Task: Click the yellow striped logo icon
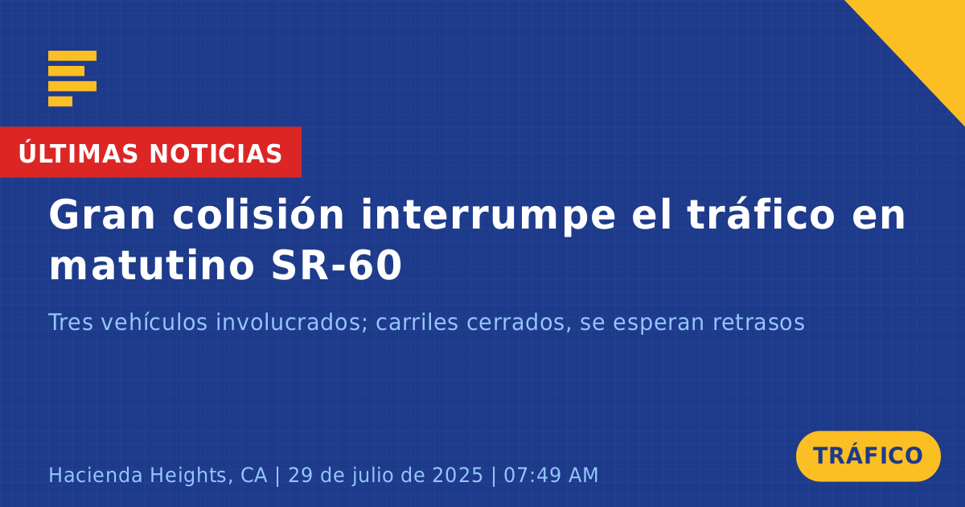[x=72, y=79]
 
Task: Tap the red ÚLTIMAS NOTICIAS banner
[x=151, y=152]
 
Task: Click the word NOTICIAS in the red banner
[x=216, y=154]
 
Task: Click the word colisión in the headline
[x=258, y=214]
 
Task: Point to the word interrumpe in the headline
[x=488, y=216]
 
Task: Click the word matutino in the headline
[x=152, y=265]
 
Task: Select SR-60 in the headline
[x=337, y=266]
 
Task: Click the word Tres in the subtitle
[x=71, y=322]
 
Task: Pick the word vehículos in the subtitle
[x=154, y=322]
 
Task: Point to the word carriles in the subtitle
[x=417, y=322]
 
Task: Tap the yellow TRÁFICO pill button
[x=868, y=456]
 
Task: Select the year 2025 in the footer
[x=458, y=475]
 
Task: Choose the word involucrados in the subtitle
[x=292, y=322]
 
